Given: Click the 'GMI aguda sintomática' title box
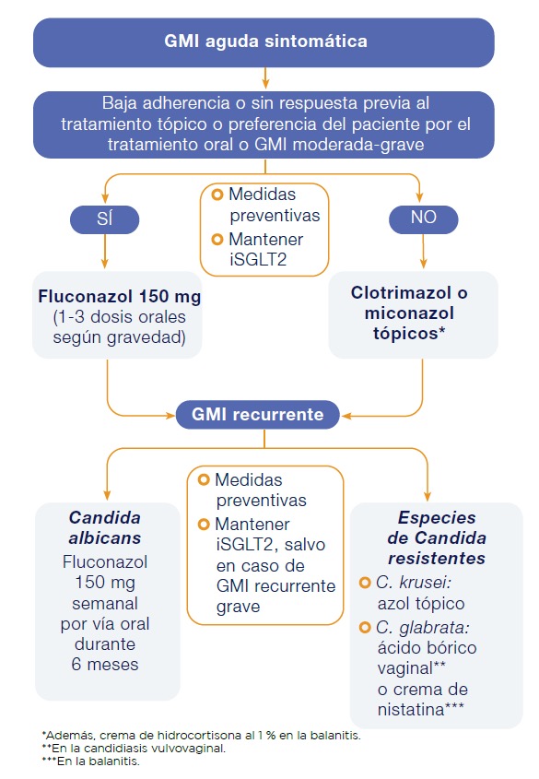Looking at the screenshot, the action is [264, 42].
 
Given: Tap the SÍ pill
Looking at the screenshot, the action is [105, 219].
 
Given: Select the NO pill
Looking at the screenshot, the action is [423, 219].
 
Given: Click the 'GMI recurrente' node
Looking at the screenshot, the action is [258, 414].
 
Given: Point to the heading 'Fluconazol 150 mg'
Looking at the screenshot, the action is [120, 297].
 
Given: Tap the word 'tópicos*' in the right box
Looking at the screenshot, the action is [409, 334].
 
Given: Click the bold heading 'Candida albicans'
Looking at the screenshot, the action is [105, 527].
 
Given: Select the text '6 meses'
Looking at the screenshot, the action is [105, 665].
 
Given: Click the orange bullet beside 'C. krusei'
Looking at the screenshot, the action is [365, 583].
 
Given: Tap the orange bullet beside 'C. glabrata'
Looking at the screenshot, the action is [365, 628].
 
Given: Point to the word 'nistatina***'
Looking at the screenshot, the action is [421, 710].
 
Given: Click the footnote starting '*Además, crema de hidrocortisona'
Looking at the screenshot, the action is [202, 736].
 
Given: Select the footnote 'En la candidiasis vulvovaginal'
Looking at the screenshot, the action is [134, 749].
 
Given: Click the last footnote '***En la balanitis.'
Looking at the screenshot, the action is [91, 761].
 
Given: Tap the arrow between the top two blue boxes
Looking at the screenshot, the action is [265, 78].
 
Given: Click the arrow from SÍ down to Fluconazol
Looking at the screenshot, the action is [105, 252].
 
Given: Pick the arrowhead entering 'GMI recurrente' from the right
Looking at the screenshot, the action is [346, 416].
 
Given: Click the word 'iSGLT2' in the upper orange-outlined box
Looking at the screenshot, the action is [258, 260].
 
